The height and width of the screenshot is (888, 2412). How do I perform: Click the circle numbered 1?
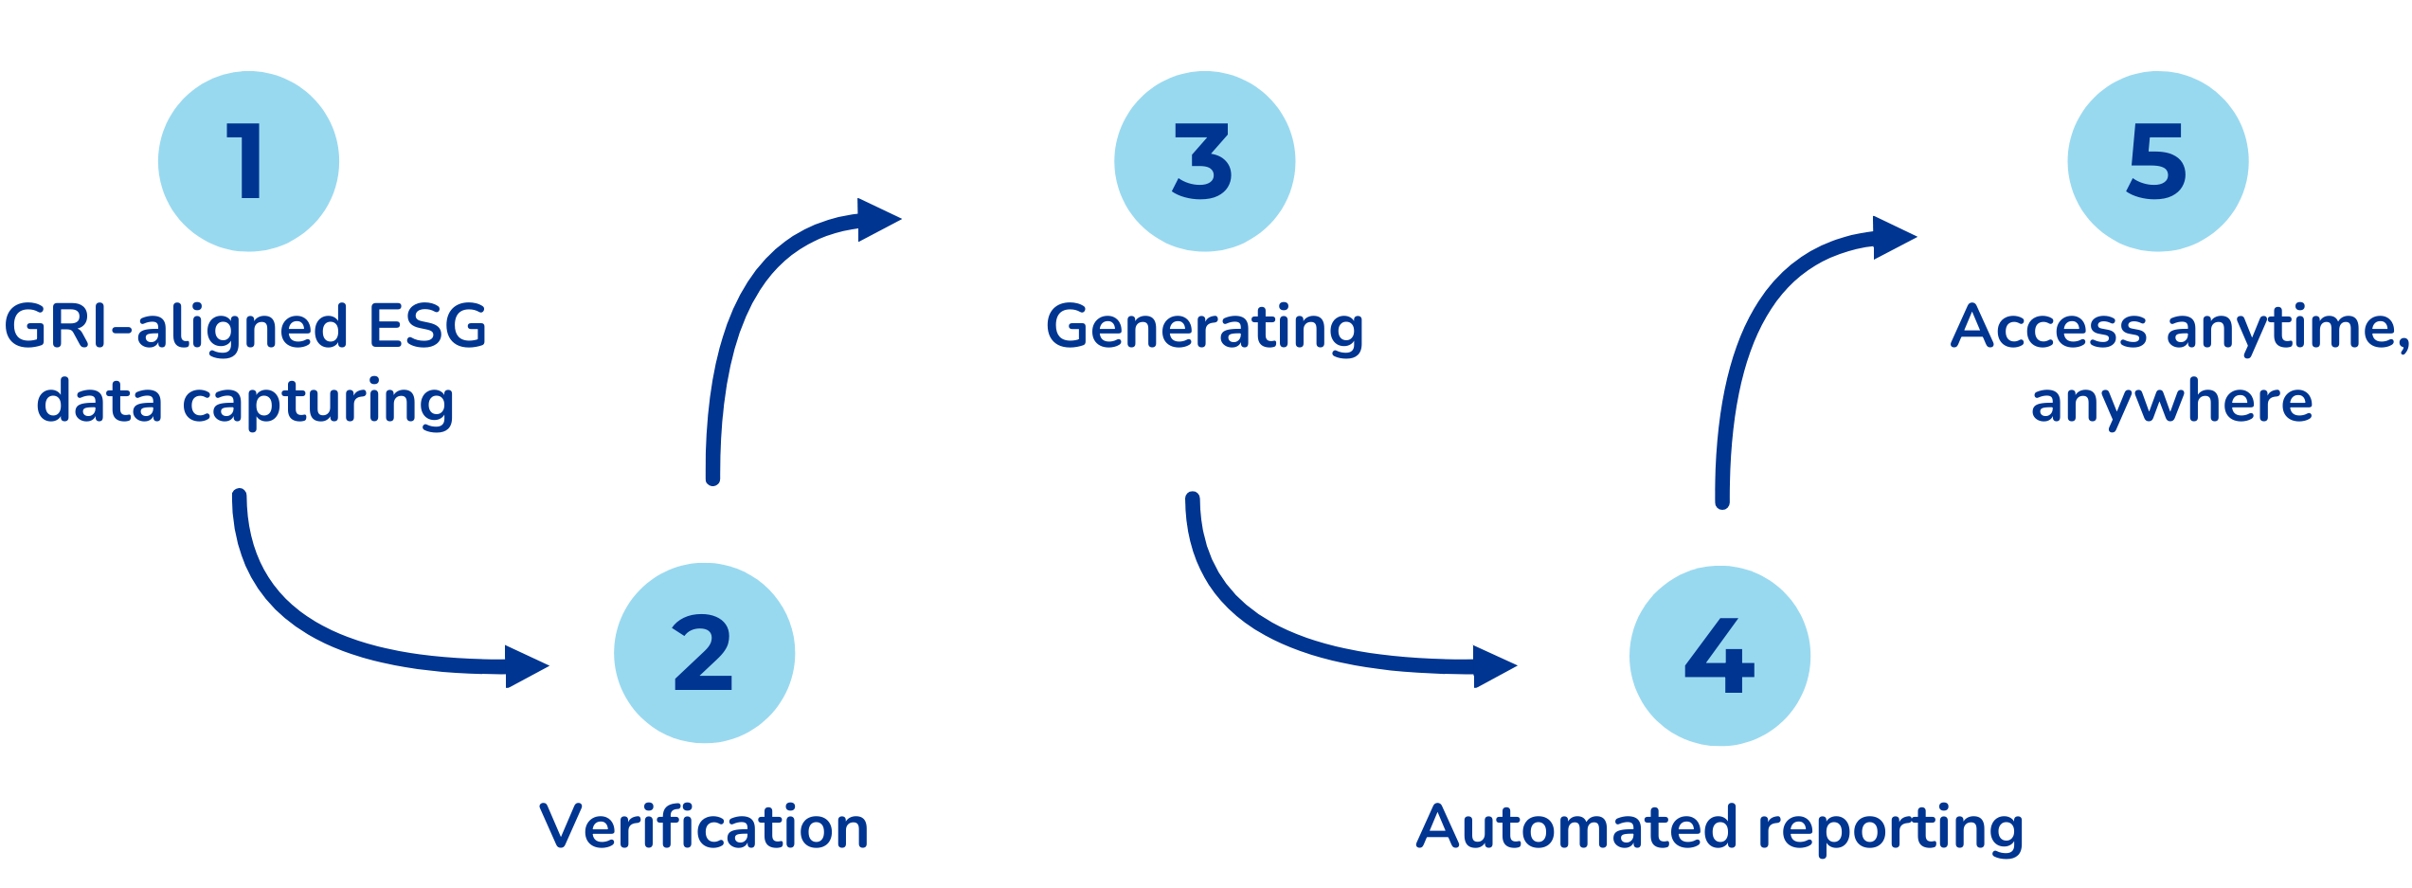(x=248, y=161)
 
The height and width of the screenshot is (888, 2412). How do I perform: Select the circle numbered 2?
(x=704, y=653)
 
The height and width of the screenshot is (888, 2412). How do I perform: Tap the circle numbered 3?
(x=1204, y=161)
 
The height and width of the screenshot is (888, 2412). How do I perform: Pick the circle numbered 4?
(x=1719, y=656)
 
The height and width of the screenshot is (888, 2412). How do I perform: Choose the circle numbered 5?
(x=2157, y=161)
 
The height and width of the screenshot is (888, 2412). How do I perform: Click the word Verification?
(x=704, y=826)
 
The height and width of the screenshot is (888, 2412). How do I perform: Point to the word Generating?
(x=1204, y=329)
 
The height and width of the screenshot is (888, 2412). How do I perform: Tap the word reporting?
(x=1891, y=830)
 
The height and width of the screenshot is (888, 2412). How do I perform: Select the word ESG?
(x=427, y=326)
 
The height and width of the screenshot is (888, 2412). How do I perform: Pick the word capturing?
(x=318, y=404)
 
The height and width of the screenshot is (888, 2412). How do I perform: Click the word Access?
(x=2048, y=326)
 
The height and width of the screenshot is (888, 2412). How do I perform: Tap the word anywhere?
(x=2171, y=404)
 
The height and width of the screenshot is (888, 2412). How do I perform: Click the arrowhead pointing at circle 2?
(x=527, y=666)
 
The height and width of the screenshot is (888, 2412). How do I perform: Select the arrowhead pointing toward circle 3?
(x=879, y=220)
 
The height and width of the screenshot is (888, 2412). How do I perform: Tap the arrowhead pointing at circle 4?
(x=1495, y=666)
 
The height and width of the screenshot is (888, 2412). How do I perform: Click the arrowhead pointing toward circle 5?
(x=1895, y=238)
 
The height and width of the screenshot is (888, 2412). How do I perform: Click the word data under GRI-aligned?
(x=99, y=401)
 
